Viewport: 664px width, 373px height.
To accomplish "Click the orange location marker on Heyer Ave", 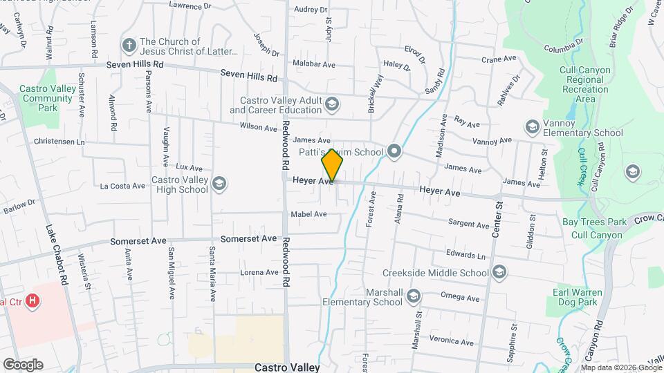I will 332,166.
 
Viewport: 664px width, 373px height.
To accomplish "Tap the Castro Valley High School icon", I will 219,183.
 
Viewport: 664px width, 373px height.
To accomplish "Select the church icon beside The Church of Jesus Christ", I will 128,46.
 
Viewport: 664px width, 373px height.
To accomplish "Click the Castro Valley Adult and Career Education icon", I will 332,104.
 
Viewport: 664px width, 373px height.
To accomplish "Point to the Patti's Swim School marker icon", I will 394,151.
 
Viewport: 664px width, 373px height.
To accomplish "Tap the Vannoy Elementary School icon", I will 532,127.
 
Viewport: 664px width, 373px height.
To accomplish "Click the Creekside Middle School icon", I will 499,273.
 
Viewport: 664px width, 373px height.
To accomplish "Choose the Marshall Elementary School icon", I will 413,296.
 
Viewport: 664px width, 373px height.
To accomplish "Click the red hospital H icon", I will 31,300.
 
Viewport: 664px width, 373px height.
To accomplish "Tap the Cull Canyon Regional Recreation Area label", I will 585,80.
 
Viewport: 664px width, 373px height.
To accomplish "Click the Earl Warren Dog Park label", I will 578,297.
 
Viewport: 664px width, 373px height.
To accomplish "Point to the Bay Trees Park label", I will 593,222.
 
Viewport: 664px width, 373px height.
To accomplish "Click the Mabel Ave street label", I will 308,214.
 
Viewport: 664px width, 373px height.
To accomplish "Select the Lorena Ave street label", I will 259,272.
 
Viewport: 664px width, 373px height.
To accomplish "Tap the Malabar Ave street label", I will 313,64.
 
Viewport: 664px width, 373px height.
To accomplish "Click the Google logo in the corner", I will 23,364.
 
